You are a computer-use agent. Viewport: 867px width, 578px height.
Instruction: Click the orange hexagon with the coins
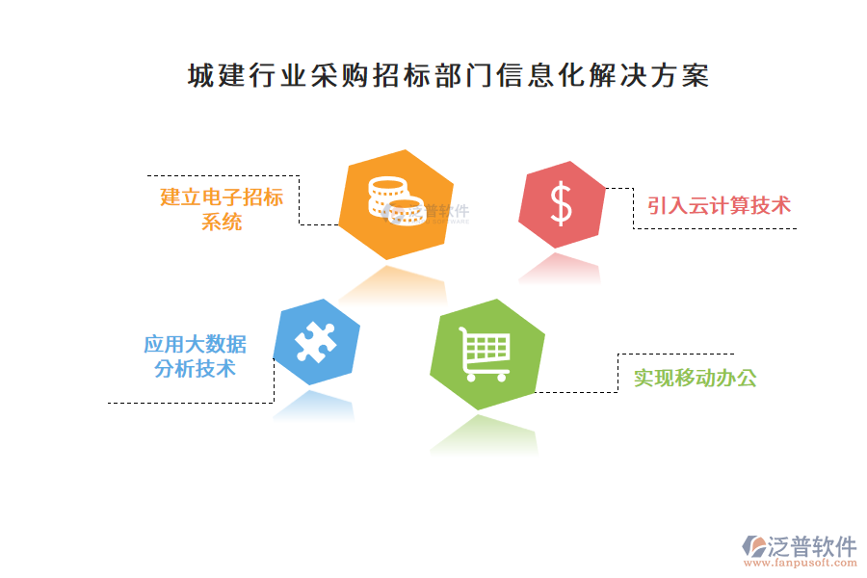(396, 204)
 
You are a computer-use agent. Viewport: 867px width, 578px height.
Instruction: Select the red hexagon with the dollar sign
(562, 204)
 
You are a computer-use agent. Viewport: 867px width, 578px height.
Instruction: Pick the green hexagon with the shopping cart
(486, 354)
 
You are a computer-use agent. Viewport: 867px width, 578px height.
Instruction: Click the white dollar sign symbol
(562, 204)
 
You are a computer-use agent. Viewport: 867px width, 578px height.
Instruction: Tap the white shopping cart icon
(485, 354)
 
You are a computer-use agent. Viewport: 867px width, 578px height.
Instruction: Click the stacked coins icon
(393, 201)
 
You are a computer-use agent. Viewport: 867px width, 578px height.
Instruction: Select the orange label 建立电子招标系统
(222, 209)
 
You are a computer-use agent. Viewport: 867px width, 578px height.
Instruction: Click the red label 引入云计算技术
(719, 205)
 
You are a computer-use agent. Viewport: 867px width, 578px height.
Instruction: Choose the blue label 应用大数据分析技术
(195, 356)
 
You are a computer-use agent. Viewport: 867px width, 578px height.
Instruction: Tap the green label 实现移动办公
(695, 378)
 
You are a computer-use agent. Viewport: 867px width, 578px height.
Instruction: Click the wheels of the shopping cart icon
(485, 376)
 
